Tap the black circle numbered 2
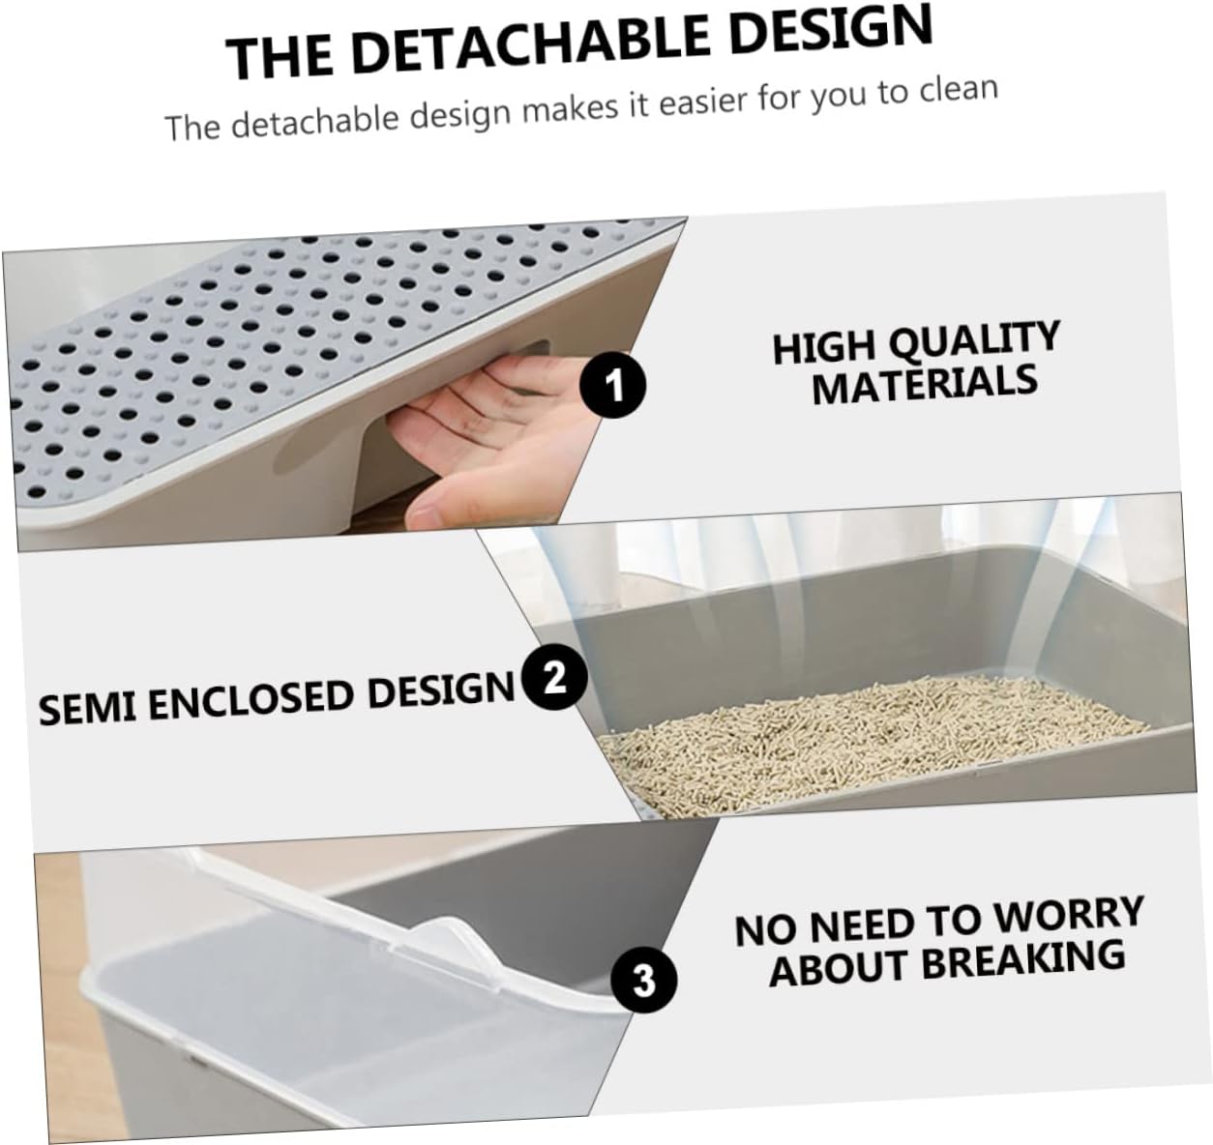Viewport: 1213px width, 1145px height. point(554,677)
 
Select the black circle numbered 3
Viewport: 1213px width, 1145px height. point(643,982)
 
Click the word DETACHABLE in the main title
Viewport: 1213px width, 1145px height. point(529,44)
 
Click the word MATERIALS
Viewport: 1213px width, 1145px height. point(925,384)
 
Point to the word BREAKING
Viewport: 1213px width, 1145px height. point(1023,958)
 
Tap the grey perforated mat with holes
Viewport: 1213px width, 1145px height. point(242,348)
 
